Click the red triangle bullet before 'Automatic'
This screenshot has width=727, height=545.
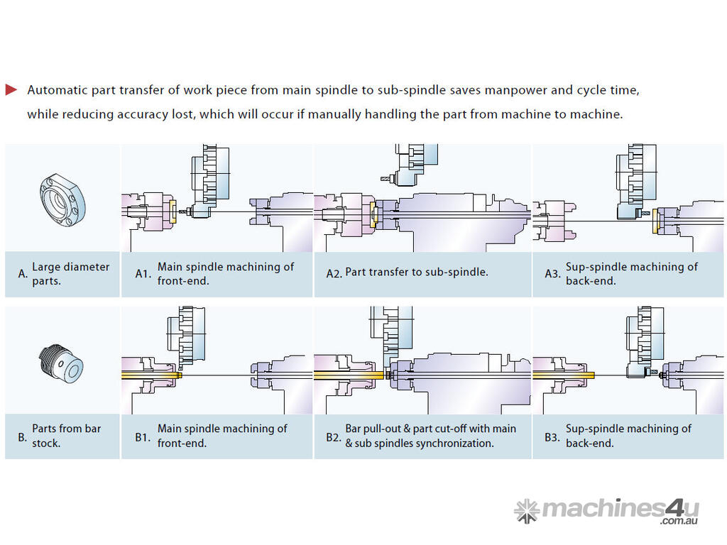tap(11, 89)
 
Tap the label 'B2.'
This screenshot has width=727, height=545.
tap(334, 436)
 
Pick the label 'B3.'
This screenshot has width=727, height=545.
tap(552, 436)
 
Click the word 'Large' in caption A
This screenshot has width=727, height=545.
tap(46, 267)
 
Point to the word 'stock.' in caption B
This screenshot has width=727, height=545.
tap(46, 443)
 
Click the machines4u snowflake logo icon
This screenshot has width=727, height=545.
tap(526, 510)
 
